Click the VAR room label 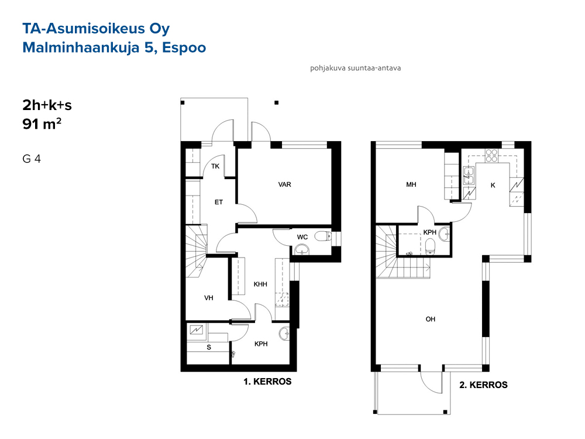[285, 184]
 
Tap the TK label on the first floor [215, 166]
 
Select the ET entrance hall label [219, 202]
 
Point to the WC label [302, 237]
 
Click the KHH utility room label [260, 284]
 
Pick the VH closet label [209, 298]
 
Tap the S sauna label [209, 347]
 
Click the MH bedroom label [411, 184]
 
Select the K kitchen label [493, 185]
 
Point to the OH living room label [431, 319]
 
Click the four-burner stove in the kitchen [491, 155]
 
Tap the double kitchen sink [469, 176]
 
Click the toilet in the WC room [323, 236]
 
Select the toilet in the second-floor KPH [431, 246]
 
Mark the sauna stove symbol [197, 330]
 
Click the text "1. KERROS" [267, 382]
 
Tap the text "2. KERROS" [484, 385]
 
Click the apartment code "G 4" [32, 159]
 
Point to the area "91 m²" [42, 124]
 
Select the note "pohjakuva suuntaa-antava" [356, 68]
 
